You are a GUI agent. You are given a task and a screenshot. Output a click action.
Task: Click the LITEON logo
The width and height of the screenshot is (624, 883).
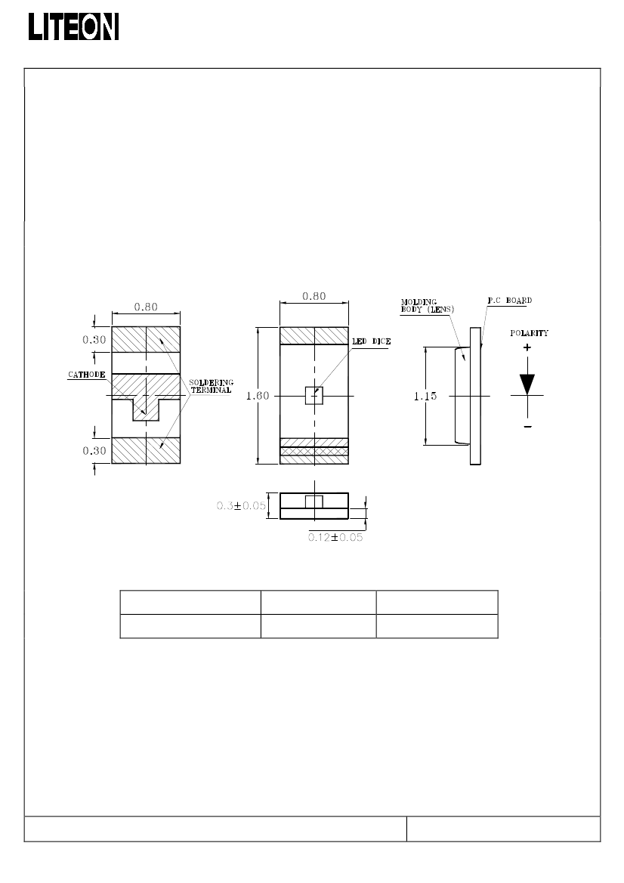(x=74, y=26)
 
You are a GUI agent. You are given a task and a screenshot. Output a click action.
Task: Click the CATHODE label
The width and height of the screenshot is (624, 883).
(x=87, y=375)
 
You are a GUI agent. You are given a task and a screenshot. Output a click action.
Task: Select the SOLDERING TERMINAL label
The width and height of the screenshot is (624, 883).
(x=212, y=386)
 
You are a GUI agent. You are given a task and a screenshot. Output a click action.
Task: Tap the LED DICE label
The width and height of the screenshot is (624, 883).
(x=371, y=341)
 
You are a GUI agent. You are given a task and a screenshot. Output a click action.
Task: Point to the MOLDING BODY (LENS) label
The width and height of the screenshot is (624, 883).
(x=428, y=306)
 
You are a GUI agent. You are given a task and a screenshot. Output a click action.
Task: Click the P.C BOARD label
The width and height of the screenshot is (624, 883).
(x=510, y=301)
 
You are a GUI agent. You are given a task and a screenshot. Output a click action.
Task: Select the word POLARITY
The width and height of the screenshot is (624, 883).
(x=529, y=333)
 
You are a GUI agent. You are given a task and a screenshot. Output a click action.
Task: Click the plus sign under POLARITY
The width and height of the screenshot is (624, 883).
(x=527, y=347)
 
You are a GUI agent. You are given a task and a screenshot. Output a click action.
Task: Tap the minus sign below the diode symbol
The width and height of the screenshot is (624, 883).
(x=528, y=427)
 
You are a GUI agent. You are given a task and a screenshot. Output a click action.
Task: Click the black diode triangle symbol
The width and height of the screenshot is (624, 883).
(x=527, y=384)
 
